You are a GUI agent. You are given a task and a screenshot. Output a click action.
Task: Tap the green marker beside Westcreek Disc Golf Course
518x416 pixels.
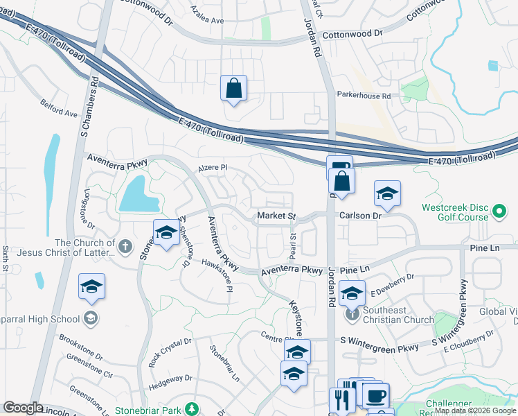[x=498, y=209]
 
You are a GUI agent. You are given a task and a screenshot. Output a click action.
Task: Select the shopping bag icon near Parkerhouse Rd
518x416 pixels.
[x=233, y=89]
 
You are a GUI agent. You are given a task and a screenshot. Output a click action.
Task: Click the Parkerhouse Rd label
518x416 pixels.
[x=364, y=96]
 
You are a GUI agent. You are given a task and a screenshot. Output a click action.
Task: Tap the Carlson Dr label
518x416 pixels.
[x=360, y=216]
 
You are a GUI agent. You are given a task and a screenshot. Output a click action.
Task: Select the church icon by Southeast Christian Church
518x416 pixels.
[x=352, y=314]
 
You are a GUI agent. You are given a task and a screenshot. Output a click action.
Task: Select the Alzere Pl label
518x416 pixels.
[x=213, y=168]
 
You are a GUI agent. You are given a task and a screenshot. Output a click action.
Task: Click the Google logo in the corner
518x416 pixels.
[x=23, y=408]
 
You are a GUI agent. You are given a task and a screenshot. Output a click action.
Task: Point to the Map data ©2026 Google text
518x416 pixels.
[x=475, y=410]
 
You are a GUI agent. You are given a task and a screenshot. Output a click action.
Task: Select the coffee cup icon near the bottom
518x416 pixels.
[x=376, y=396]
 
